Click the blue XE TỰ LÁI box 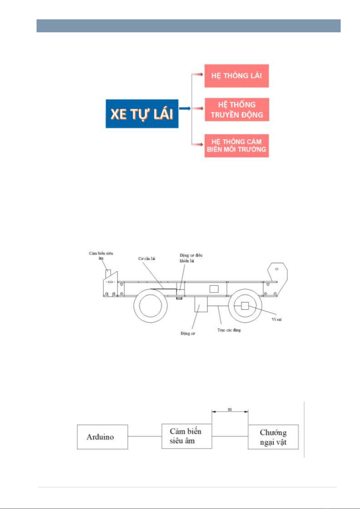(142, 114)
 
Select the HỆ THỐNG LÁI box (236, 76)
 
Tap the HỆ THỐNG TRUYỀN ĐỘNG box (237, 109)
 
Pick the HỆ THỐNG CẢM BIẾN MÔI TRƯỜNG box (236, 146)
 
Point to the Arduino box (102, 437)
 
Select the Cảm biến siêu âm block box (186, 436)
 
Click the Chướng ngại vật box (273, 437)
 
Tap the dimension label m (230, 409)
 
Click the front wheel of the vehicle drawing (150, 305)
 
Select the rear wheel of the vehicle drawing (245, 306)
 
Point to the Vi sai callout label (276, 319)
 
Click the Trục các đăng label (229, 330)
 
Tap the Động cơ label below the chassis (188, 333)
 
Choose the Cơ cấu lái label (147, 259)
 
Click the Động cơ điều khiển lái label (191, 258)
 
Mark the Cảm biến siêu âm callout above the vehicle (101, 255)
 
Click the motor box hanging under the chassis (201, 304)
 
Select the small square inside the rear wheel (245, 306)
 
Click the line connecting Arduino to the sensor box (145, 436)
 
